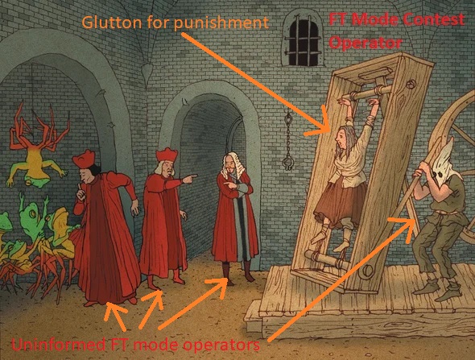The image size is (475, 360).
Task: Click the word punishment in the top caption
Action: (x=223, y=23)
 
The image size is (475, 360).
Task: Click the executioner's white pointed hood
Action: (x=444, y=163)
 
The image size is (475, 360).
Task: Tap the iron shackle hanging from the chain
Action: (x=287, y=163)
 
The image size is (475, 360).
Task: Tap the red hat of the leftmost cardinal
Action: (x=84, y=159)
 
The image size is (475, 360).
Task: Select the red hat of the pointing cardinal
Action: (x=167, y=155)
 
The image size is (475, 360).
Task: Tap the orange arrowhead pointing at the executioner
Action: (x=404, y=226)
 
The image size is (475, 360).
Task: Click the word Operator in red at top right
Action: (x=366, y=43)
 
